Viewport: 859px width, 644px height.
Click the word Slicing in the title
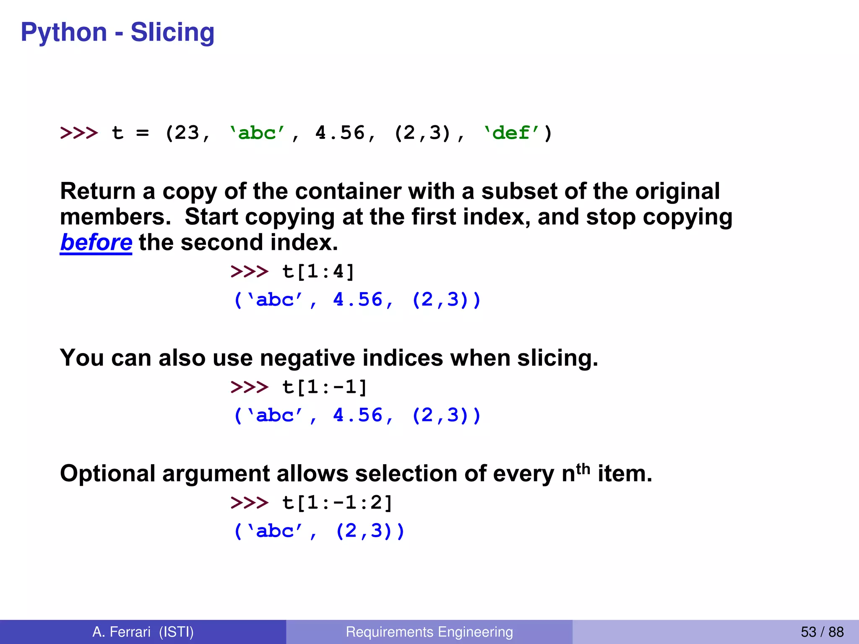[x=172, y=32]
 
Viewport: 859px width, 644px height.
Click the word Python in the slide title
[x=64, y=32]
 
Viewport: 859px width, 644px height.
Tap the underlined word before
[x=96, y=243]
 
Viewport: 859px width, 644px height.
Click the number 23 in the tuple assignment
[x=187, y=133]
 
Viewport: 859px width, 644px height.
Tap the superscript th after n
[x=583, y=468]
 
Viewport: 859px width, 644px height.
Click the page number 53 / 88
[x=822, y=632]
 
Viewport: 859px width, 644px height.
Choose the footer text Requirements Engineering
[x=429, y=632]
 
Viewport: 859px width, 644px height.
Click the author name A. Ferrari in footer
[x=121, y=632]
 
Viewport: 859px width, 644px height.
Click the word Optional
[x=108, y=474]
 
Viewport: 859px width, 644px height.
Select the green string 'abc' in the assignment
[x=257, y=133]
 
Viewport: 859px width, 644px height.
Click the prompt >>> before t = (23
[x=79, y=133]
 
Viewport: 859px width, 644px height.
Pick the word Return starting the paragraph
[x=98, y=192]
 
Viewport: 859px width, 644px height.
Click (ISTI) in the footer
[x=176, y=632]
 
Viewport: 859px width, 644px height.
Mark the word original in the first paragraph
[x=677, y=192]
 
